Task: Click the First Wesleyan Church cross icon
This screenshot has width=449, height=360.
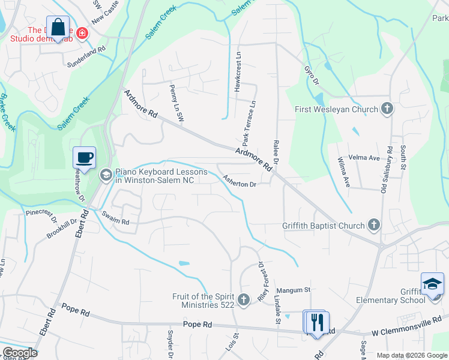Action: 387,109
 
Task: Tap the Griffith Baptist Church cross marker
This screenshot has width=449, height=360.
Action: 374,226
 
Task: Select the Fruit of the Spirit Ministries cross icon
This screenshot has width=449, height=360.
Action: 243,299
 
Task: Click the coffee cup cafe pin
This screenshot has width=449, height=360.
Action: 84,158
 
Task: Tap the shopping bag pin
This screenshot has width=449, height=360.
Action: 58,28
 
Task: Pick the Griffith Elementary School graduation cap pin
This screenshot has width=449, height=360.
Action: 432,284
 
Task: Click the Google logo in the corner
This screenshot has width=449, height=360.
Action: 19,353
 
